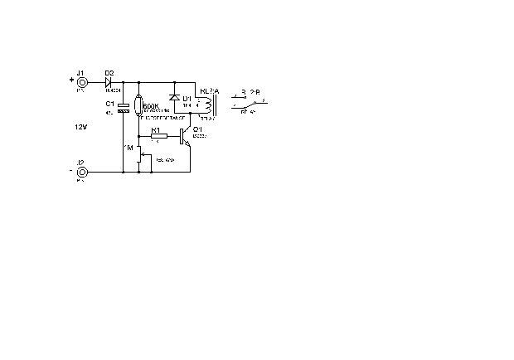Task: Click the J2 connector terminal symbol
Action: pyautogui.click(x=81, y=173)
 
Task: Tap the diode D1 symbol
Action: pyautogui.click(x=174, y=99)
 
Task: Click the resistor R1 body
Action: pyautogui.click(x=158, y=135)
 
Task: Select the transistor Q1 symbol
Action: pyautogui.click(x=186, y=137)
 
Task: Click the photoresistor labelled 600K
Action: pyautogui.click(x=138, y=108)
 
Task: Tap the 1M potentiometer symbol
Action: pyautogui.click(x=138, y=153)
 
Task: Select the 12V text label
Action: pyautogui.click(x=80, y=127)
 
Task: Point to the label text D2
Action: pyautogui.click(x=109, y=72)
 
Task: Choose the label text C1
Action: pyautogui.click(x=109, y=103)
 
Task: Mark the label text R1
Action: pyautogui.click(x=155, y=129)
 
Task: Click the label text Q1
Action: pyautogui.click(x=197, y=130)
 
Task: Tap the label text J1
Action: pyautogui.click(x=80, y=72)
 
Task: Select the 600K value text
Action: pyautogui.click(x=150, y=106)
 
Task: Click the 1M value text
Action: pyautogui.click(x=128, y=147)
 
